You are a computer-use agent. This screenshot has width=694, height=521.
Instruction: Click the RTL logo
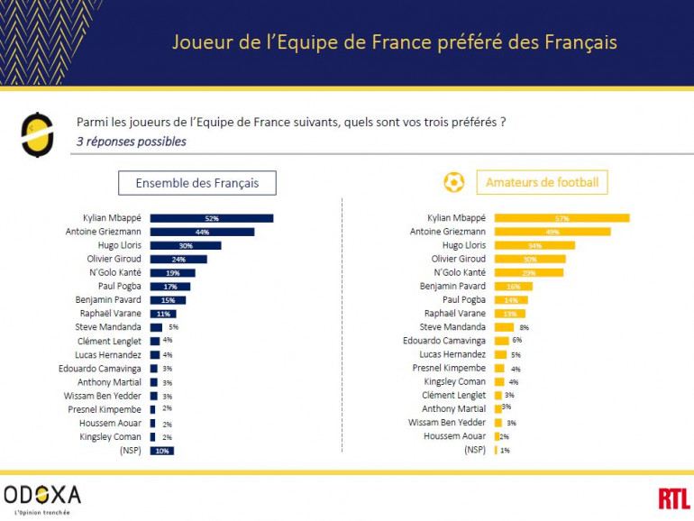pos(673,498)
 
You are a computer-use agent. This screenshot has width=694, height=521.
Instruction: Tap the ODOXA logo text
pos(42,494)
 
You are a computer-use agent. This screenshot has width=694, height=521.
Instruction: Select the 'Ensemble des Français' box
pos(196,183)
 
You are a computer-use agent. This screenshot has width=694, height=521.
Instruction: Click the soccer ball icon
pos(453,183)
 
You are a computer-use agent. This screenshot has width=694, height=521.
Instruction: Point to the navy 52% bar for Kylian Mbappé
pos(211,218)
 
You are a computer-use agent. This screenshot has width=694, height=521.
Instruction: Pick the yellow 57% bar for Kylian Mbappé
pos(562,218)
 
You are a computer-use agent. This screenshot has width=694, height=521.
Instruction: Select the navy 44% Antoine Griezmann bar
pos(202,232)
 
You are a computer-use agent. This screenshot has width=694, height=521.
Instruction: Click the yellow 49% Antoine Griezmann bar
pos(552,232)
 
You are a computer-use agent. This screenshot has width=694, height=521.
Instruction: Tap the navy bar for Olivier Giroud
pos(178,259)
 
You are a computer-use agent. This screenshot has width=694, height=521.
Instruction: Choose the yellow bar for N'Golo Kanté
pos(528,272)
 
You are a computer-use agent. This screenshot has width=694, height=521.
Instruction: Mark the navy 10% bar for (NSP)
pos(161,451)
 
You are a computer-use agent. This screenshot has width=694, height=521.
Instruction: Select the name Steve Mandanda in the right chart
pos(453,327)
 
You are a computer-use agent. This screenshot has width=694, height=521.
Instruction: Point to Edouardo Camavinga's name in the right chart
pos(444,341)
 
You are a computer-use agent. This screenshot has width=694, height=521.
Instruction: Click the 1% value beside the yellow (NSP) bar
pos(505,451)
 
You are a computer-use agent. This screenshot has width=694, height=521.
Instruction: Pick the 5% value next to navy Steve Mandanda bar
pos(173,327)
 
